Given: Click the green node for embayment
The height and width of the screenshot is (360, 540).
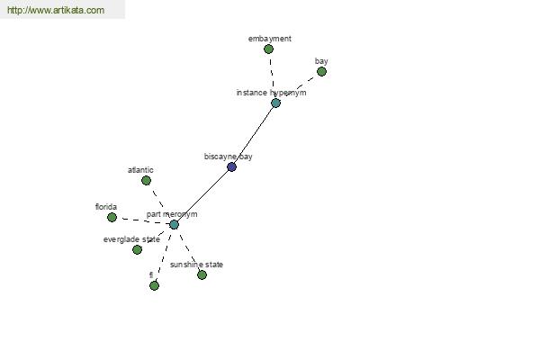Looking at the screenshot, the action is (x=268, y=49).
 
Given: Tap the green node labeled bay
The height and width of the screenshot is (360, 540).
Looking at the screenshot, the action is (x=321, y=72).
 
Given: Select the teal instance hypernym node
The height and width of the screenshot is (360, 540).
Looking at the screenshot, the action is (x=276, y=103).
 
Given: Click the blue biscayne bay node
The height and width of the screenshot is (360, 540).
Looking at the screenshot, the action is (x=232, y=167).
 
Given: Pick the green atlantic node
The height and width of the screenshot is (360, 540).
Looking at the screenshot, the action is (x=147, y=181).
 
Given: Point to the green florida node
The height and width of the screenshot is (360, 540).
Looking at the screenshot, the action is (x=112, y=218).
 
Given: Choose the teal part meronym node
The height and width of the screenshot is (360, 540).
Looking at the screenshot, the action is (x=175, y=225).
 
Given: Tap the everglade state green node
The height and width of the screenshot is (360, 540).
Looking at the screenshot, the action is (x=137, y=250).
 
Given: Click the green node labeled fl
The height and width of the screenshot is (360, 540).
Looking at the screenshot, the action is (x=154, y=285).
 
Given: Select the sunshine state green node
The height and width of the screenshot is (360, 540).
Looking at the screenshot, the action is (x=202, y=274).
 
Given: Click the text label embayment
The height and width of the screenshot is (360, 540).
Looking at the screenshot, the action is (x=270, y=39).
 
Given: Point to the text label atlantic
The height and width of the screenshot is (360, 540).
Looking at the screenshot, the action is (x=140, y=170).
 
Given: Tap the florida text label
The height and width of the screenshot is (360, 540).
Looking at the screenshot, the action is (x=106, y=207).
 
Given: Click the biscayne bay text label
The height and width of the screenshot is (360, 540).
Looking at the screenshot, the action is (x=228, y=157).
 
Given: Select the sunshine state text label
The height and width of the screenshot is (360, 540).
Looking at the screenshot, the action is (x=196, y=265).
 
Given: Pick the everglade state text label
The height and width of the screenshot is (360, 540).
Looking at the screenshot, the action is (x=131, y=239).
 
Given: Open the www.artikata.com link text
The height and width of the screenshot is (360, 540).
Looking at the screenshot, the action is (x=56, y=10).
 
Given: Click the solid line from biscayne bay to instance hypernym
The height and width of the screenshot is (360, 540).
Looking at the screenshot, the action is (x=254, y=135).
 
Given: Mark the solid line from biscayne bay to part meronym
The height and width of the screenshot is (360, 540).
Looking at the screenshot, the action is (x=202, y=196).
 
